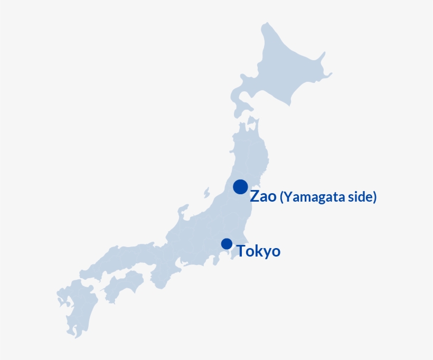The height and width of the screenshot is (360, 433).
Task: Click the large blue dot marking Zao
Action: click(x=240, y=187)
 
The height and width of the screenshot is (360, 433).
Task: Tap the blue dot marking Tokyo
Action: click(x=227, y=243)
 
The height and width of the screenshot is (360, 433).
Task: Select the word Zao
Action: click(x=263, y=197)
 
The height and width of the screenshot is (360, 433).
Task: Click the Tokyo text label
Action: click(x=258, y=251)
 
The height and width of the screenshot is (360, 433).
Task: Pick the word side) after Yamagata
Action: click(x=364, y=197)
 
